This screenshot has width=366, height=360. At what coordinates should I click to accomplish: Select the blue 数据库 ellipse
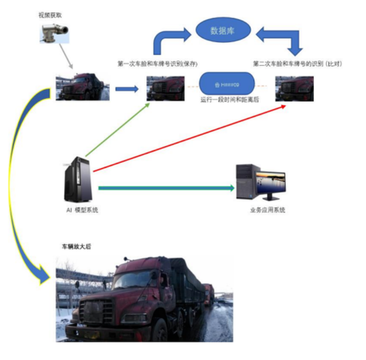coord(222,30)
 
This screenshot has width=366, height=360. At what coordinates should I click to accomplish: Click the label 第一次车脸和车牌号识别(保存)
coord(158,64)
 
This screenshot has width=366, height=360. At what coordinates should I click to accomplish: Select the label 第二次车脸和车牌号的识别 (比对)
coord(297,64)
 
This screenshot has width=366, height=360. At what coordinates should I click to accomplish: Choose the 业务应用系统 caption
coord(268,210)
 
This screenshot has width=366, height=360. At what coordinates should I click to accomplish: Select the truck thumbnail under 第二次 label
coord(294,89)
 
